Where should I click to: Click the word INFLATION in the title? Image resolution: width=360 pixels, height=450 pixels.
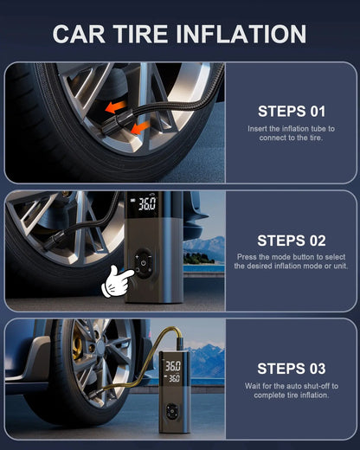click(x=241, y=34)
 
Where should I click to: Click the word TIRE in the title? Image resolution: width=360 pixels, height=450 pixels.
click(x=140, y=34)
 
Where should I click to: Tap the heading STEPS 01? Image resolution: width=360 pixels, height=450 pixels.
click(x=292, y=112)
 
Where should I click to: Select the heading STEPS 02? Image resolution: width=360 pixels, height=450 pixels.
click(x=292, y=241)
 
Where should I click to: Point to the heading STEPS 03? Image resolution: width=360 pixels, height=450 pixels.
click(x=292, y=369)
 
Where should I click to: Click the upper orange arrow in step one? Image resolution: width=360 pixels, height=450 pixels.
click(x=116, y=107)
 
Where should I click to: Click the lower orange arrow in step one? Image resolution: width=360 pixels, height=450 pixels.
click(x=140, y=128)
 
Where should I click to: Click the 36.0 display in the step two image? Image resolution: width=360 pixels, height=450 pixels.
click(x=147, y=203)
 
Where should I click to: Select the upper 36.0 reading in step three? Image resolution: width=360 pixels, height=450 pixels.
click(x=173, y=366)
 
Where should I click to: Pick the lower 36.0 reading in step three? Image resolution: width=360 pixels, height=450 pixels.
click(x=174, y=378)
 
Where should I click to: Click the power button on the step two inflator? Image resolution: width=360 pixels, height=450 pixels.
click(x=144, y=263)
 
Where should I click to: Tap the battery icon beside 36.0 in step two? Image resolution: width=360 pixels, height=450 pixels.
click(x=133, y=200)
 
